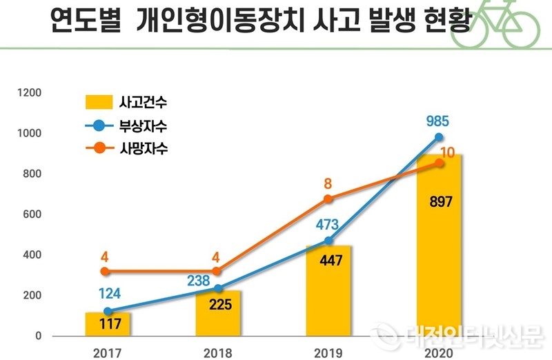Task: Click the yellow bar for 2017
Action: coord(109,324)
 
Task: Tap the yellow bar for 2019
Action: coord(329,290)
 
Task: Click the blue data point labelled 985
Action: coord(439,137)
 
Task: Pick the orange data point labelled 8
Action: coord(328,199)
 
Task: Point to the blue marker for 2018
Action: coord(219,288)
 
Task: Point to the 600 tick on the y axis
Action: coord(33,214)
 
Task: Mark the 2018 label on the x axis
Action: coord(218,352)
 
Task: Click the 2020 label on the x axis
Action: coord(439,352)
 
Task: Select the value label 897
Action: coord(440,205)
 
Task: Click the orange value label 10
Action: coord(449,152)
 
